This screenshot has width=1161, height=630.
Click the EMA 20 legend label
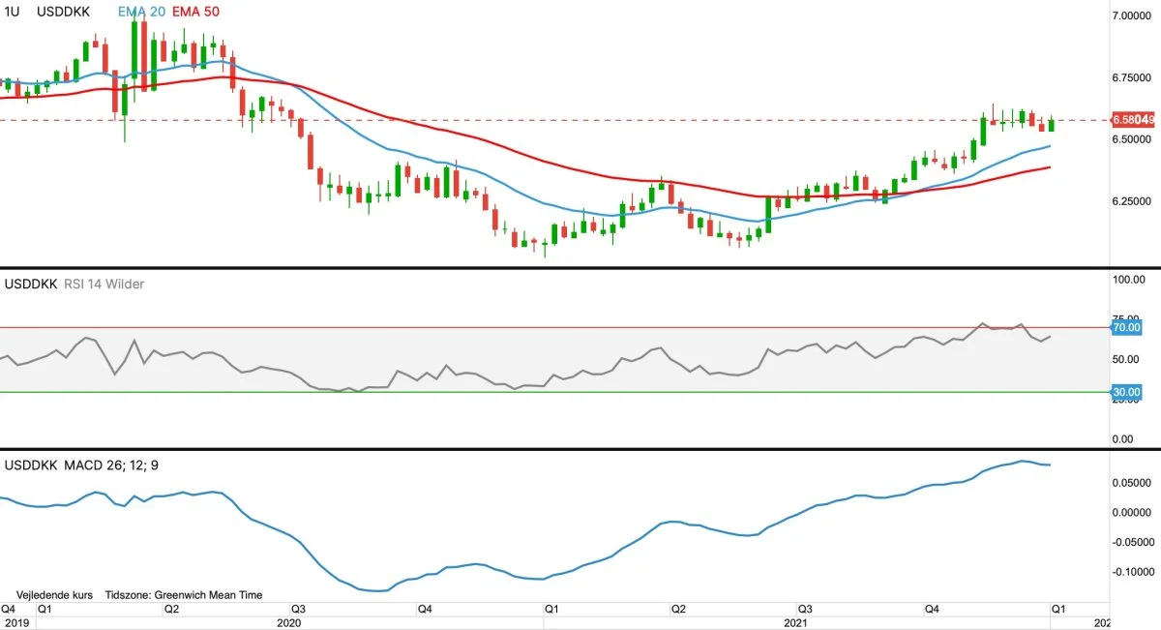coord(141,12)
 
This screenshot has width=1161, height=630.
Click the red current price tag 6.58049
coord(1133,120)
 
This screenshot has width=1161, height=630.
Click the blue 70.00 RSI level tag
coord(1127,328)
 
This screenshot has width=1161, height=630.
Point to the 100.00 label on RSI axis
coord(1128,280)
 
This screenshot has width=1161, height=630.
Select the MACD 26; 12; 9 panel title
coord(111,465)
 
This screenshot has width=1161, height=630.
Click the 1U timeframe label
coord(12,12)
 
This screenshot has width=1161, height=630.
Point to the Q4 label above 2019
coord(8,610)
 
